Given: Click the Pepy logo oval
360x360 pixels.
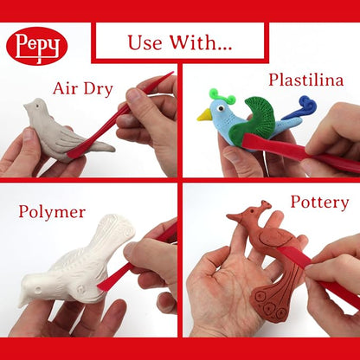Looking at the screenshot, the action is (37, 46).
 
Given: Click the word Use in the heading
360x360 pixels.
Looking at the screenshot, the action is (145, 43).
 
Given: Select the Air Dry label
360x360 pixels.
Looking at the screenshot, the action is (83, 88).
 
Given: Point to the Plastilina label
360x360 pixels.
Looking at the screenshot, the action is (306, 80).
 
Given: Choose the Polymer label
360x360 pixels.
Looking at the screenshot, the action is (52, 212).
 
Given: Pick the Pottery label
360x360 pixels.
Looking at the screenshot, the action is (319, 202).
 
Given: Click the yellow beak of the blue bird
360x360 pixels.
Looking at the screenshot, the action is (204, 115).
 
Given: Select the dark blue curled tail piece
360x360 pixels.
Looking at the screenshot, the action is (300, 108).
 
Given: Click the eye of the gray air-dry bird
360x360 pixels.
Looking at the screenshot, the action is (38, 106).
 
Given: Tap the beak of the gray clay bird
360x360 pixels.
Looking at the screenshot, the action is (27, 106).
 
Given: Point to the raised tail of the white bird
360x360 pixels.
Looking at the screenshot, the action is (115, 232).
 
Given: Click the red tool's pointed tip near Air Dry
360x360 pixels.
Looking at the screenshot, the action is (172, 73).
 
